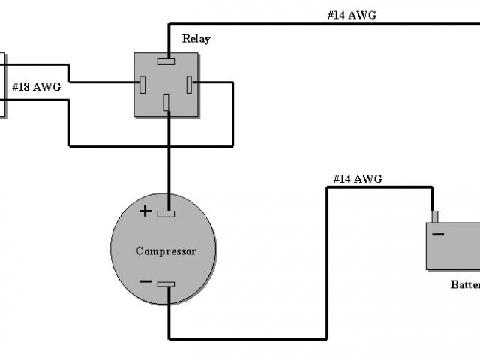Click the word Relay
pos(196,38)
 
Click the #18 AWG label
pos(36,88)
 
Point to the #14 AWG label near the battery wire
pos(358,178)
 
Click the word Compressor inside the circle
pos(166,250)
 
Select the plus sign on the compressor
pos(145,211)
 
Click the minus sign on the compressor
pos(145,282)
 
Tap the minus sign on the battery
pos(438,234)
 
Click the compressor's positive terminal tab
pos(166,214)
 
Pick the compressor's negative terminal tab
pos(166,283)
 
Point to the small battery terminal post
pos(433,217)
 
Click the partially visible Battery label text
pos(465,284)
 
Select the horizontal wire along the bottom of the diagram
pos(247,338)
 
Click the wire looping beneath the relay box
pos(150,145)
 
